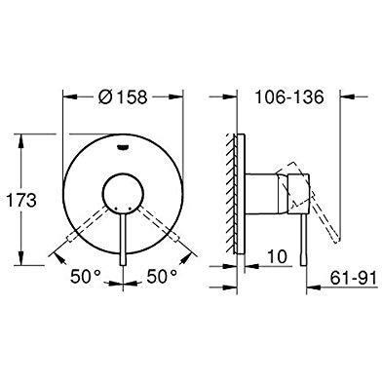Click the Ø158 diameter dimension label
coord(123,96)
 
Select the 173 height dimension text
coord(21,201)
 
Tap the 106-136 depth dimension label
coord(289,96)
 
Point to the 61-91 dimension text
coord(354,279)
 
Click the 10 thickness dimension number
coord(277,256)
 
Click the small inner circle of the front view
coord(123,193)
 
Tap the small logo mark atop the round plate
coord(123,147)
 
